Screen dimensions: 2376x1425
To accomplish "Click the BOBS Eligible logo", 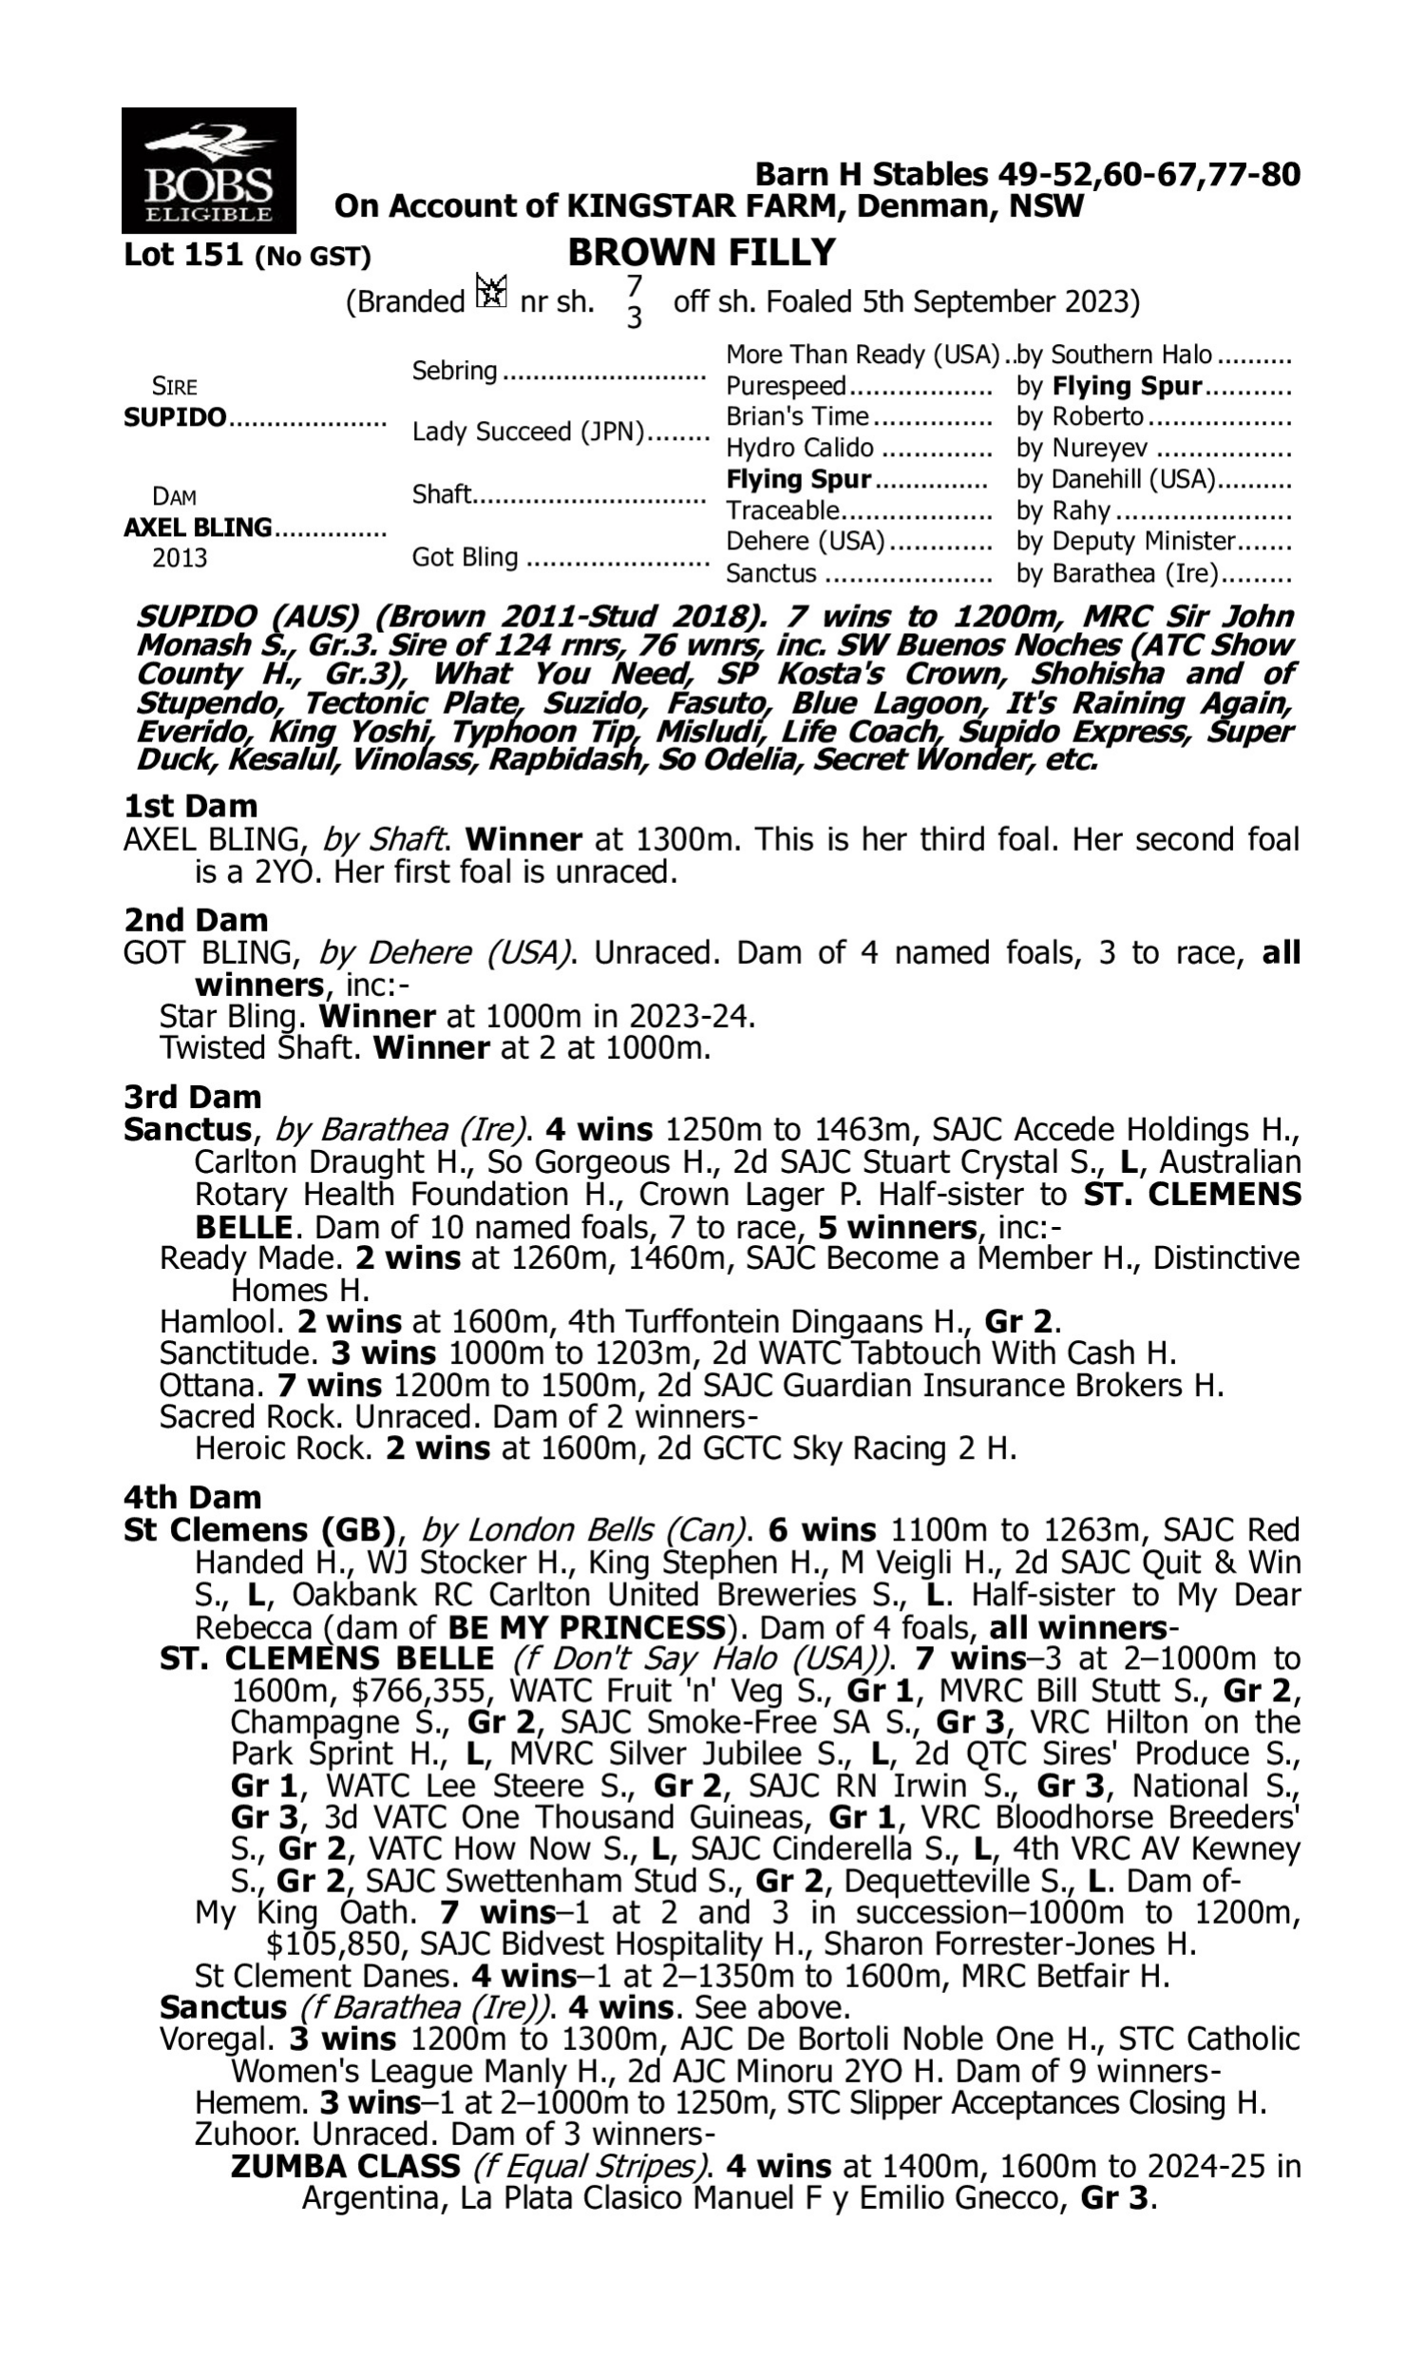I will point(208,170).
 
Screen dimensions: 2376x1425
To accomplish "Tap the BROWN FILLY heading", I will point(702,253).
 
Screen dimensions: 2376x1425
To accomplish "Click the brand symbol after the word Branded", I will point(492,292).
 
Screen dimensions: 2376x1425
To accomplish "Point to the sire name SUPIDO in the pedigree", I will point(175,418).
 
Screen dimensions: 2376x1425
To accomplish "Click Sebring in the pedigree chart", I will point(454,371).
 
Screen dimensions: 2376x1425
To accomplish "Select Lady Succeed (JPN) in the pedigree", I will point(528,431).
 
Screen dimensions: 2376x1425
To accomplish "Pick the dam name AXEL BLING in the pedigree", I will point(198,527).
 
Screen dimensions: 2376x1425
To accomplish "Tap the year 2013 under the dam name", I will point(180,558).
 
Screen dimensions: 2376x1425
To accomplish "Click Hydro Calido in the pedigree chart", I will point(800,449).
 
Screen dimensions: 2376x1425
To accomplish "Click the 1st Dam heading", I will point(191,806).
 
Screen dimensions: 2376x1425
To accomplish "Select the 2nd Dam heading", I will point(196,919).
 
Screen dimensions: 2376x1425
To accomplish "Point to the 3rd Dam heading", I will point(192,1096).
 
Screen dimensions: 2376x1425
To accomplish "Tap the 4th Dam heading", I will point(192,1496).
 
